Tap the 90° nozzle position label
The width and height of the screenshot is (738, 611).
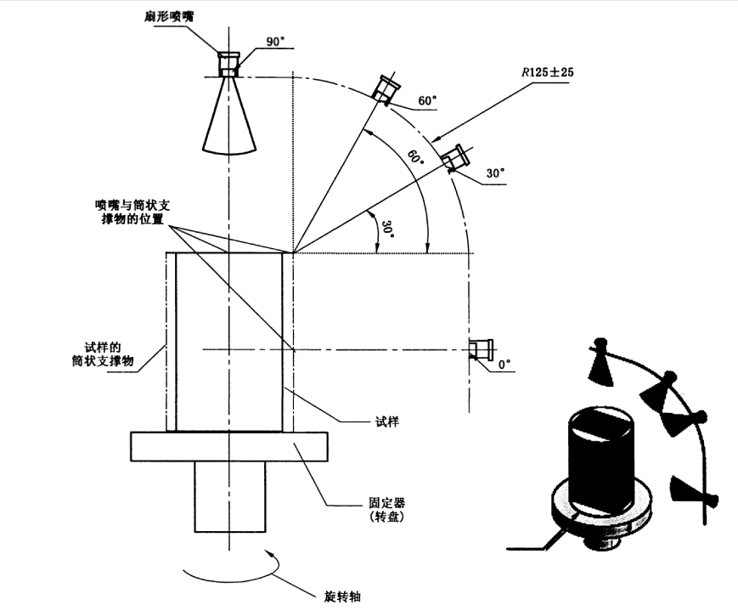(278, 41)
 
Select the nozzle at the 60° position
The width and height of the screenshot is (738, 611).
(387, 88)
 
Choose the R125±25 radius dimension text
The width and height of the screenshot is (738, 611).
(547, 73)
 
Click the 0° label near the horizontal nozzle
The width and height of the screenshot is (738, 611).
(504, 365)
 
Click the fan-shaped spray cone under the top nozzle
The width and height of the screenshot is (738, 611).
(228, 119)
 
